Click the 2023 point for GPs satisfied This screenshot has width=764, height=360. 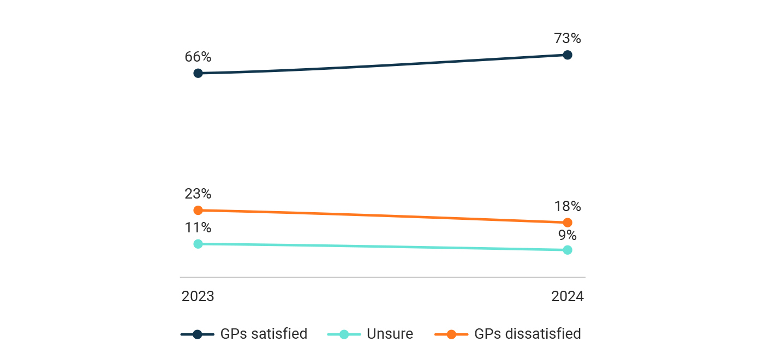pyautogui.click(x=198, y=73)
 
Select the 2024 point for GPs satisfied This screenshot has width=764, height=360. pyautogui.click(x=568, y=55)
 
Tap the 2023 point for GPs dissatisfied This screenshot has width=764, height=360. pyautogui.click(x=198, y=210)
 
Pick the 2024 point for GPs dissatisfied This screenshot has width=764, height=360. pyautogui.click(x=568, y=222)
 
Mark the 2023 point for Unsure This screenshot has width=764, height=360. pyautogui.click(x=198, y=244)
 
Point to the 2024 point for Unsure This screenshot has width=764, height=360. pyautogui.click(x=568, y=250)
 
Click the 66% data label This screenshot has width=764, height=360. pyautogui.click(x=198, y=57)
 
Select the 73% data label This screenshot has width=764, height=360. pyautogui.click(x=568, y=39)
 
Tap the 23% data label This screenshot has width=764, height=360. pyautogui.click(x=198, y=194)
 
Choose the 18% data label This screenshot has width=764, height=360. pyautogui.click(x=568, y=206)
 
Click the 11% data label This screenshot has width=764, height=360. pyautogui.click(x=198, y=227)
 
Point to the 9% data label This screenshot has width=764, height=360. pyautogui.click(x=568, y=235)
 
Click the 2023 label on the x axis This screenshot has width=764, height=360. pyautogui.click(x=198, y=296)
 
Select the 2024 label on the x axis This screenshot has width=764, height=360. pyautogui.click(x=568, y=296)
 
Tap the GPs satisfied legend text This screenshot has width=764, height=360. pyautogui.click(x=264, y=334)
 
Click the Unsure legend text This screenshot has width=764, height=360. pyautogui.click(x=390, y=334)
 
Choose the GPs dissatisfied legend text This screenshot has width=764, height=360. pyautogui.click(x=528, y=334)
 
